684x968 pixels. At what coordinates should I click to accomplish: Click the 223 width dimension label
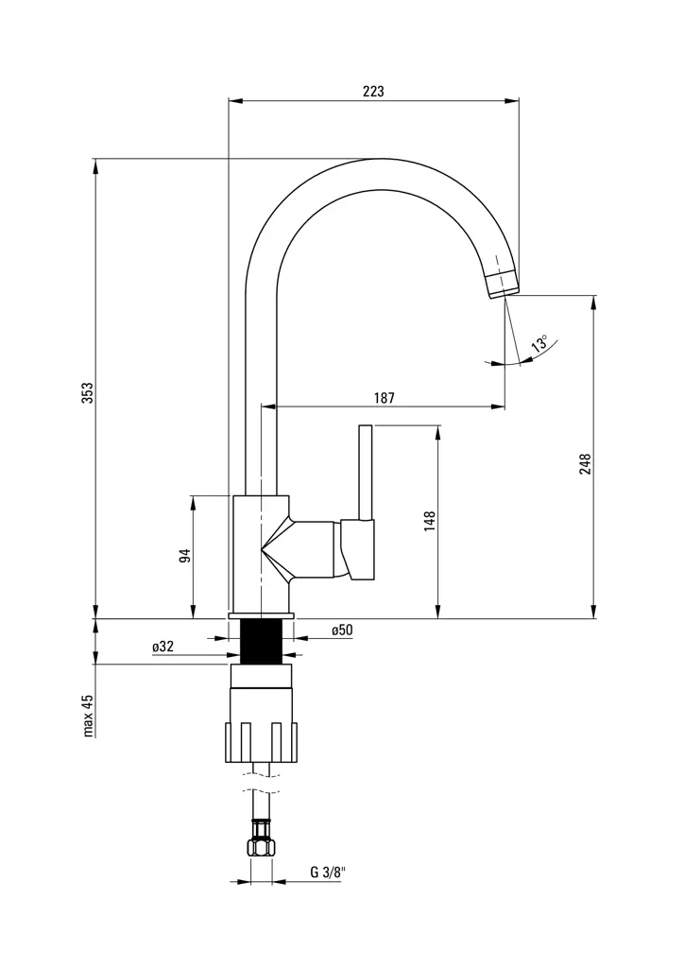[373, 92]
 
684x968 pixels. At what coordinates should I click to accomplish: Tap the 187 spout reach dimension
[384, 398]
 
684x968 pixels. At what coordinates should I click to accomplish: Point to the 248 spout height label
[586, 463]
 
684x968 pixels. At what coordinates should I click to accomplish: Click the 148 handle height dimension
[430, 522]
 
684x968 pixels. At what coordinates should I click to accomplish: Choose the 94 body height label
[186, 555]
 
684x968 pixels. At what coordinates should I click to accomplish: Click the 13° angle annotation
[539, 343]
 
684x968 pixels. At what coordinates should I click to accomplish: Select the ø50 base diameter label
[341, 630]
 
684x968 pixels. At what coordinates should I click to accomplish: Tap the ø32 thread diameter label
[162, 647]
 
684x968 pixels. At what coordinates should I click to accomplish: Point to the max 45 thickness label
[87, 715]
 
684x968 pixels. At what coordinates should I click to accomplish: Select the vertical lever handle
[366, 473]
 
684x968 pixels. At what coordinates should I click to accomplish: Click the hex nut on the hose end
[261, 843]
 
